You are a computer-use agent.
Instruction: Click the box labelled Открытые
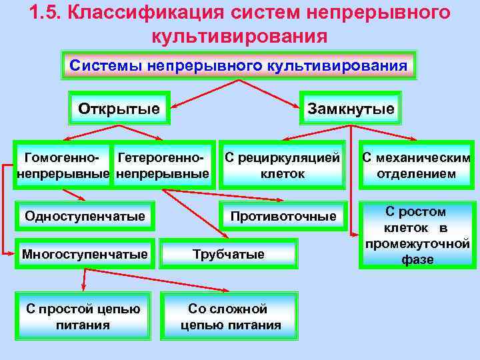tap(119, 108)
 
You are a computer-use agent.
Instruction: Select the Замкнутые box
tap(350, 108)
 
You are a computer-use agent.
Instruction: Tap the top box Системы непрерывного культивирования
tap(239, 66)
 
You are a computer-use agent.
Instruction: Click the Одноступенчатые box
tap(85, 216)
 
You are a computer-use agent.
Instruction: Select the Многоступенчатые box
tap(85, 254)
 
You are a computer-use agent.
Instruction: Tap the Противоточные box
tap(283, 216)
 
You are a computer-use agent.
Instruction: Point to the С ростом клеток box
tap(416, 235)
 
